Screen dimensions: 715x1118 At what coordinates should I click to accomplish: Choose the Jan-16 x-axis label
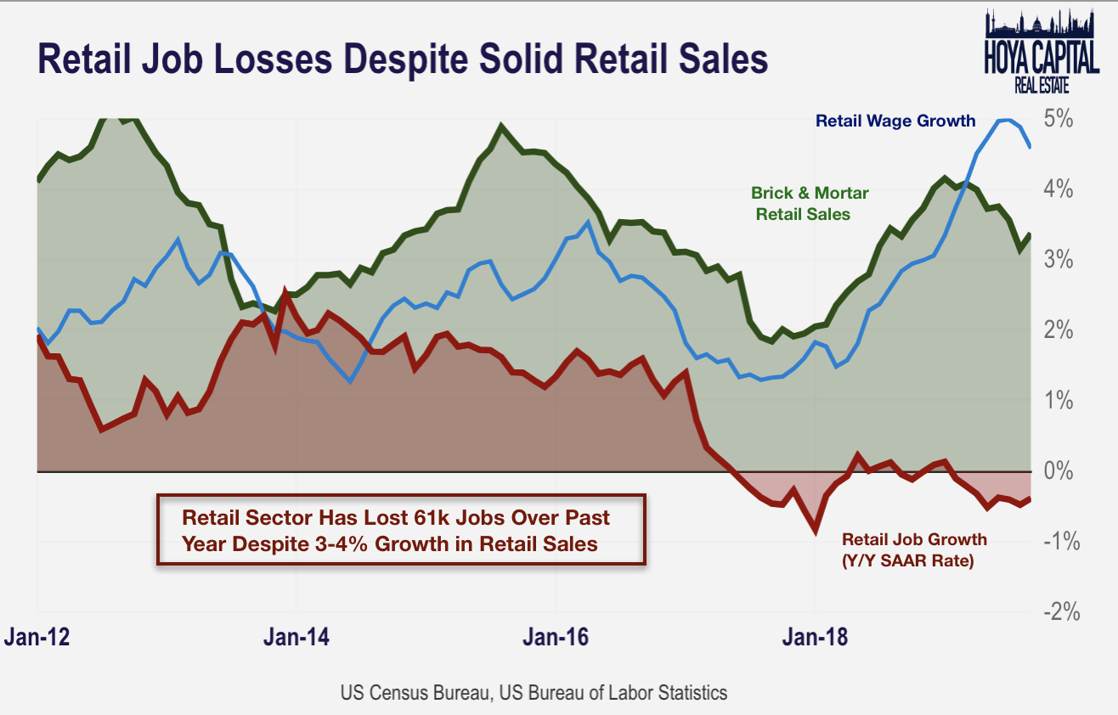pos(556,637)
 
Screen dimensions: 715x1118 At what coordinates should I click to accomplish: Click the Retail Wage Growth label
pos(895,121)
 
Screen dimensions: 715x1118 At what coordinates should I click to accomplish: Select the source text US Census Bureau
pos(415,692)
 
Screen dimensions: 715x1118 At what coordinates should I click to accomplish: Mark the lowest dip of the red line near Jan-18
pos(816,532)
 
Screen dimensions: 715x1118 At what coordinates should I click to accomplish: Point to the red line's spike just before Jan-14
pos(285,293)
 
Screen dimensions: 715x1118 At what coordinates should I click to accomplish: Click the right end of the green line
pos(1030,234)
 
